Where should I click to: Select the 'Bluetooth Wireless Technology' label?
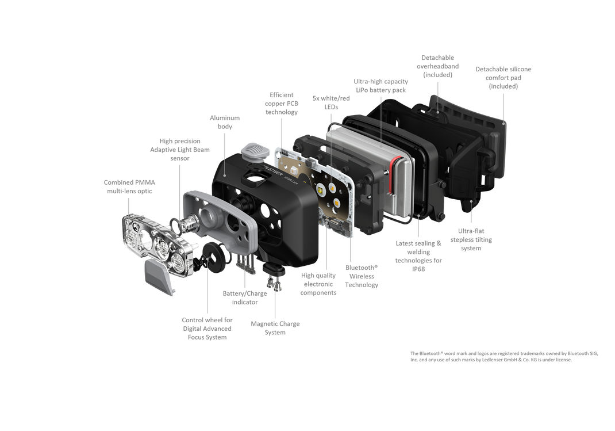pos(361,276)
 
